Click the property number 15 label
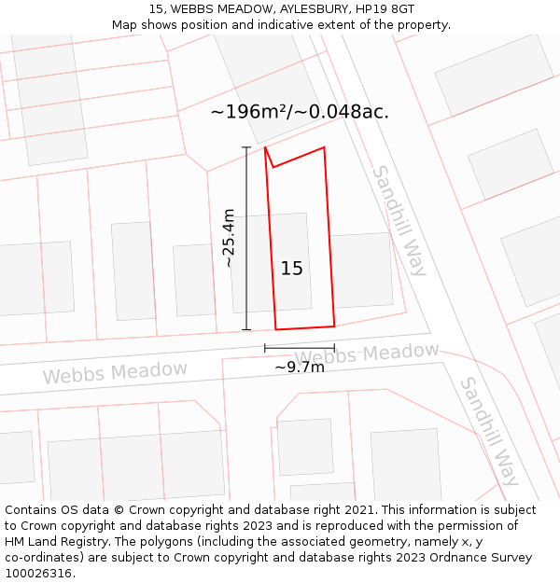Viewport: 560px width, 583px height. coord(291,269)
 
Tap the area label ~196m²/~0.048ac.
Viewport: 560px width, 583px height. coord(300,112)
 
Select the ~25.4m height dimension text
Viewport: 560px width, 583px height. coord(229,238)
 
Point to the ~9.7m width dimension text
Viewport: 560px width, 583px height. coord(300,367)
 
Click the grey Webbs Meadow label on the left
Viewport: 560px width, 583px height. coord(115,372)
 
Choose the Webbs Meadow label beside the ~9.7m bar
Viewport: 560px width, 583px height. coord(368,354)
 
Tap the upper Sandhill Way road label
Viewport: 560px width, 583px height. coord(399,220)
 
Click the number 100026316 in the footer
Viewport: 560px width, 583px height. coord(38,574)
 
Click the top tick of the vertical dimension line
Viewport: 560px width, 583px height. coord(246,147)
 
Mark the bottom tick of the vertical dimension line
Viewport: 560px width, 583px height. coord(246,329)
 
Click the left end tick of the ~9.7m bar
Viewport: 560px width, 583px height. coord(265,349)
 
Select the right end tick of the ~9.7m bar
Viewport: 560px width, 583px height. coord(334,349)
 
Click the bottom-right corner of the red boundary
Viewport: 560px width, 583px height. coord(334,326)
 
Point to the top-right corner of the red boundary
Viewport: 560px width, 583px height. coord(324,147)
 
